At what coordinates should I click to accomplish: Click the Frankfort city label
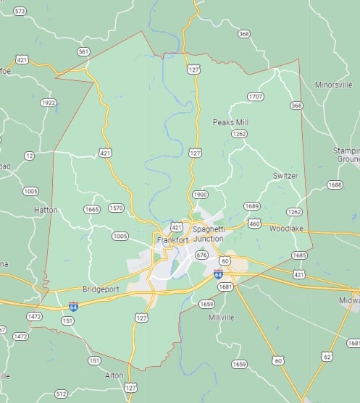pyautogui.click(x=172, y=239)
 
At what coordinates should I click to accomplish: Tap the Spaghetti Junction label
pyautogui.click(x=208, y=234)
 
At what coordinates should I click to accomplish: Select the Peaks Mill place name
pyautogui.click(x=230, y=122)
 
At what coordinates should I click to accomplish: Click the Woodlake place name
pyautogui.click(x=286, y=229)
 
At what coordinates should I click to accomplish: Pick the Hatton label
pyautogui.click(x=46, y=210)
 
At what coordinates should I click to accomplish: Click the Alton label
pyautogui.click(x=114, y=375)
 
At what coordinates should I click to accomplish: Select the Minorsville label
pyautogui.click(x=333, y=85)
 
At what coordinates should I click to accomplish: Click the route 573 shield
pyautogui.click(x=20, y=11)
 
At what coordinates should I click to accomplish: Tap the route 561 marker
pyautogui.click(x=84, y=51)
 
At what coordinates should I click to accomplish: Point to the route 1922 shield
pyautogui.click(x=49, y=103)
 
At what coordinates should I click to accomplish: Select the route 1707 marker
pyautogui.click(x=256, y=96)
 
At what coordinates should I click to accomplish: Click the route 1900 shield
pyautogui.click(x=201, y=195)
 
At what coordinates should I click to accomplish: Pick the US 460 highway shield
pyautogui.click(x=254, y=224)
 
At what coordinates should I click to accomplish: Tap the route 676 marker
pyautogui.click(x=202, y=255)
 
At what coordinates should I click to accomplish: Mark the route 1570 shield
pyautogui.click(x=116, y=208)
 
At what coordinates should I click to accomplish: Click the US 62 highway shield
pyautogui.click(x=327, y=357)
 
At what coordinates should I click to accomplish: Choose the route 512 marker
pyautogui.click(x=62, y=394)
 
